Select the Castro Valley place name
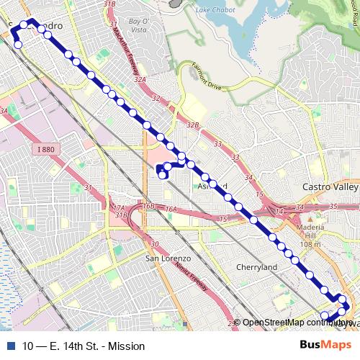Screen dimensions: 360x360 tap(330, 187)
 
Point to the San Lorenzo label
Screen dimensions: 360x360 tap(168, 258)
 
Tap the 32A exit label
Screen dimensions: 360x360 tap(140, 81)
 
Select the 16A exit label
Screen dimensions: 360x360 tap(170, 209)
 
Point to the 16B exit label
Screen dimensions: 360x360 tap(148, 206)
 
